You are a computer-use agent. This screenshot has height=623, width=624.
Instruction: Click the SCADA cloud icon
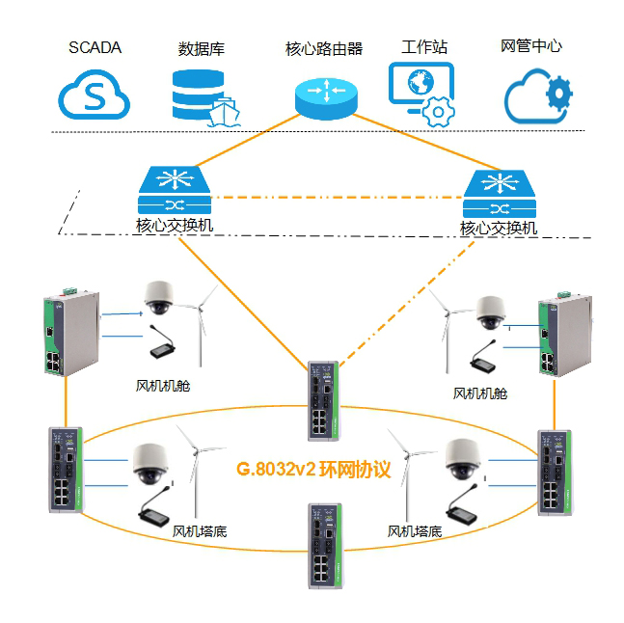click(95, 95)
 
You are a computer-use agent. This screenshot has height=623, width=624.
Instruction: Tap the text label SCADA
click(95, 47)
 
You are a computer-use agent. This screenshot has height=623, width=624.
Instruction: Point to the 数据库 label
click(202, 49)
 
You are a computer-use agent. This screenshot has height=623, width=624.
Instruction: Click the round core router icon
click(325, 94)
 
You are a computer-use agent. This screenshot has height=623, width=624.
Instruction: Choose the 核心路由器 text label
click(324, 48)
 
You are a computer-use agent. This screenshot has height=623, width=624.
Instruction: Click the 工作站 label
click(423, 47)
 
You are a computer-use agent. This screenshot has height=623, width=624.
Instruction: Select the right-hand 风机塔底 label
click(415, 530)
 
